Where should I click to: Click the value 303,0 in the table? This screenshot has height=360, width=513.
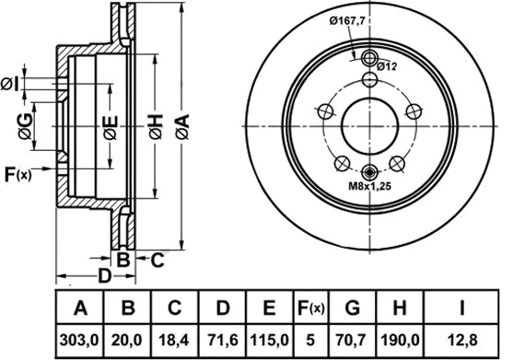(x=79, y=341)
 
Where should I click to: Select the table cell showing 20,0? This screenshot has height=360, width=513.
(x=127, y=341)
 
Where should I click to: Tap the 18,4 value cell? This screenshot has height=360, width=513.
(x=174, y=341)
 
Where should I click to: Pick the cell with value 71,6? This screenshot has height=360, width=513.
(x=222, y=341)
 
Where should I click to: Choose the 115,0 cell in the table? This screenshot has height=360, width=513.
(x=270, y=341)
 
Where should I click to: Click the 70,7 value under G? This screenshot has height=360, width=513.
(x=353, y=341)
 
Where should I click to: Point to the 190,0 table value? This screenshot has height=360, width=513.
(x=400, y=341)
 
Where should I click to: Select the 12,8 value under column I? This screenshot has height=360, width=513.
(x=462, y=341)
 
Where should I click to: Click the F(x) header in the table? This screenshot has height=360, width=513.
(x=310, y=308)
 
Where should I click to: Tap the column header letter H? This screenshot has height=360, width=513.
(x=400, y=308)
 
